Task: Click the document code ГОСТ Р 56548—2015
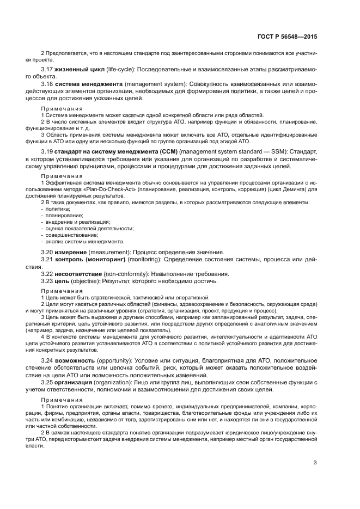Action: click(286, 36)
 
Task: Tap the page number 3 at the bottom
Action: click(315, 463)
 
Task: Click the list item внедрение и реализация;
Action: click(75, 222)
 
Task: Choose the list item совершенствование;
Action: click(69, 235)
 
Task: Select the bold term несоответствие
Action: click(80, 273)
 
